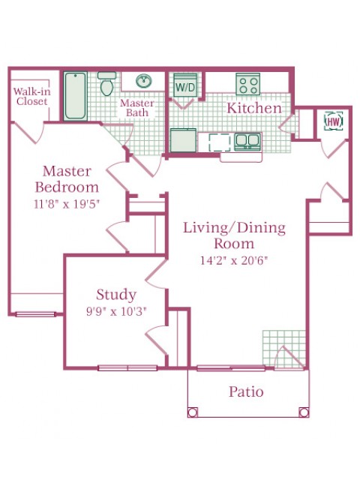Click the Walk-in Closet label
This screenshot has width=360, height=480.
31,96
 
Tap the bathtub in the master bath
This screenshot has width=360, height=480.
76,95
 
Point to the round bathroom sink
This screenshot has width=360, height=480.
143,81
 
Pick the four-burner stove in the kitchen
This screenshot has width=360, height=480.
247,83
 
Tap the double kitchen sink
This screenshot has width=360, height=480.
247,140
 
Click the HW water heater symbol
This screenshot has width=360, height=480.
333,121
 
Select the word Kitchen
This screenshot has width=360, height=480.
254,109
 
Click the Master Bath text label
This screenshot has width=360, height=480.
137,107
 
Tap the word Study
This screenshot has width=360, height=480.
116,294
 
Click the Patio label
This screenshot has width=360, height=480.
247,391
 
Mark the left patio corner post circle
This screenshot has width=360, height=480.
193,411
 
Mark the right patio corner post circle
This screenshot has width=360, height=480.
303,411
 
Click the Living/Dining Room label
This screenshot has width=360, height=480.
235,235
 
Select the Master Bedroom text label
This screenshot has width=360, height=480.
70,179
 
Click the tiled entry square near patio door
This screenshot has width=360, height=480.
283,348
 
